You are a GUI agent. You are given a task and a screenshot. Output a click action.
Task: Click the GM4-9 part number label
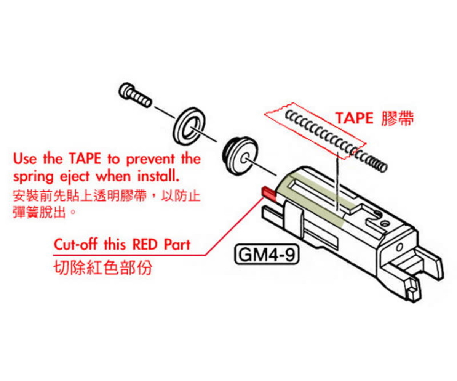pyautogui.click(x=265, y=255)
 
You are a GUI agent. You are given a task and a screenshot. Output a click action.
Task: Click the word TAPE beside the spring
pyautogui.click(x=354, y=118)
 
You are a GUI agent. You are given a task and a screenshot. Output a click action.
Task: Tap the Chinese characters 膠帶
pyautogui.click(x=397, y=118)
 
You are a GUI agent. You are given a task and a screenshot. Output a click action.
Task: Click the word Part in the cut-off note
pyautogui.click(x=176, y=244)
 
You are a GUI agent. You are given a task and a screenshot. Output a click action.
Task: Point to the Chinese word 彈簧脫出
pyautogui.click(x=38, y=212)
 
